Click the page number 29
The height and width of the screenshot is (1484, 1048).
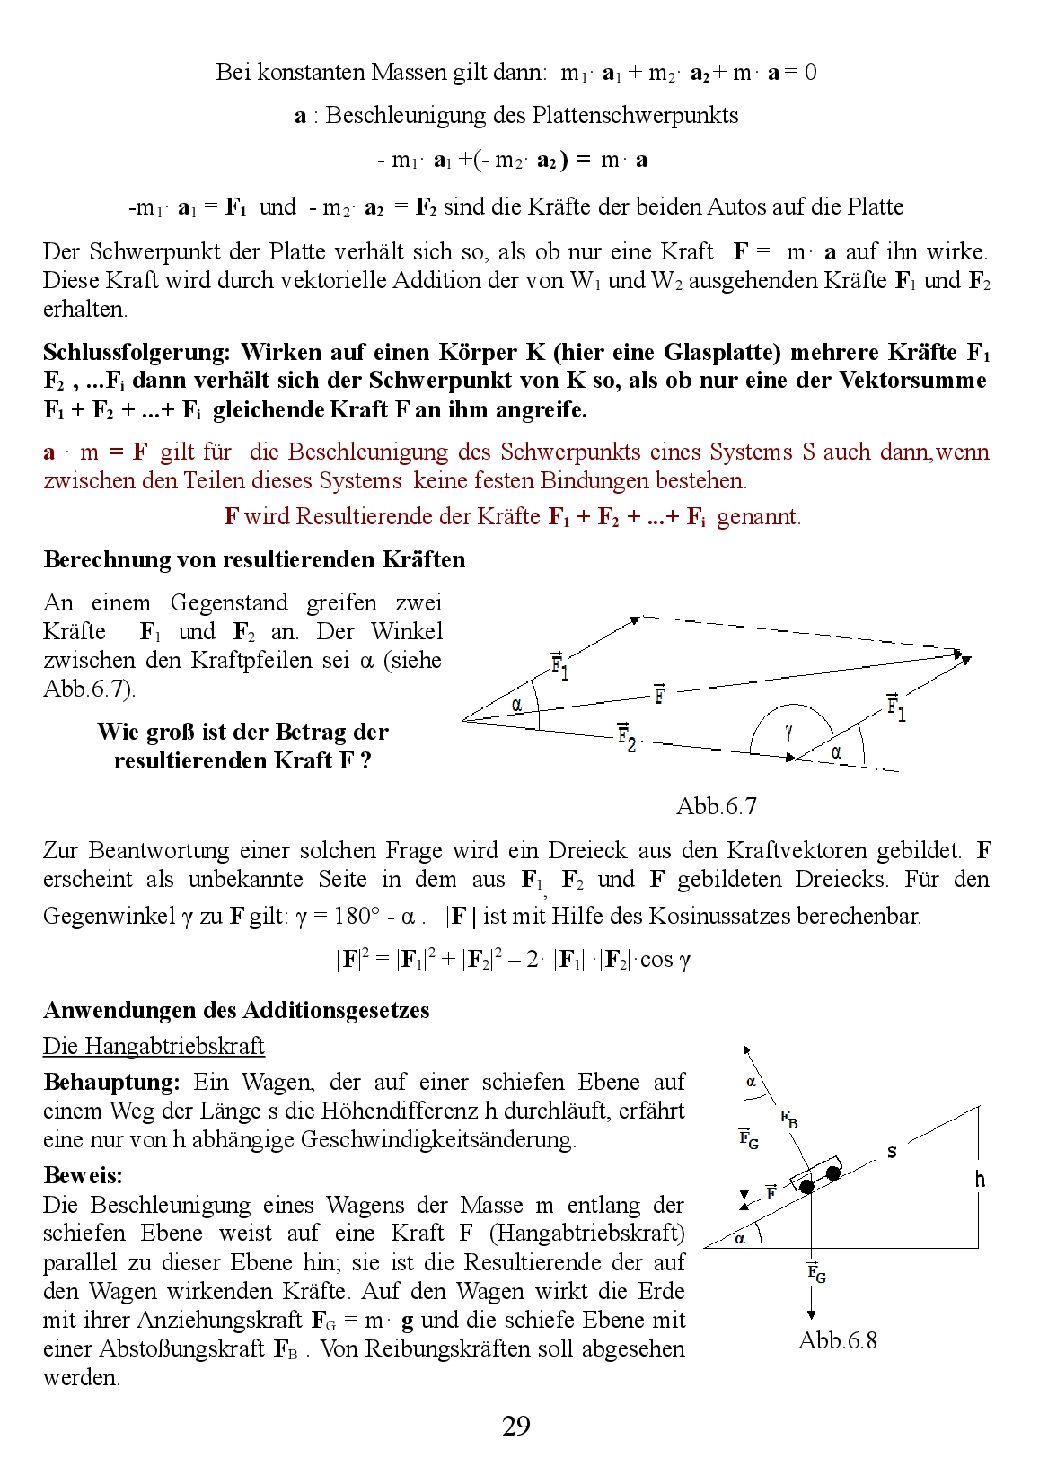click(x=516, y=1426)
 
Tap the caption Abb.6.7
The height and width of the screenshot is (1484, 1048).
click(x=716, y=806)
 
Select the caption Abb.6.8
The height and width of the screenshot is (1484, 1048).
click(x=837, y=1340)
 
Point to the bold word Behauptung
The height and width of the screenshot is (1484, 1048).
click(x=111, y=1082)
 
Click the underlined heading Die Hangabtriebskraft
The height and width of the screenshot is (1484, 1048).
click(x=154, y=1046)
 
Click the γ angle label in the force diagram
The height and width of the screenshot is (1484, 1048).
click(x=788, y=732)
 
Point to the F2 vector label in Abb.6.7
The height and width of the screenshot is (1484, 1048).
click(x=627, y=737)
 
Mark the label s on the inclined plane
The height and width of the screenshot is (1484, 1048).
click(x=891, y=1152)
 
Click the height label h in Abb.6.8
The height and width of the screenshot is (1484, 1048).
click(x=980, y=1179)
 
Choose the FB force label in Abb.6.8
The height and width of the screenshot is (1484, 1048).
click(x=788, y=1119)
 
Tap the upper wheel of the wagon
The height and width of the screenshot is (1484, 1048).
click(x=833, y=1172)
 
